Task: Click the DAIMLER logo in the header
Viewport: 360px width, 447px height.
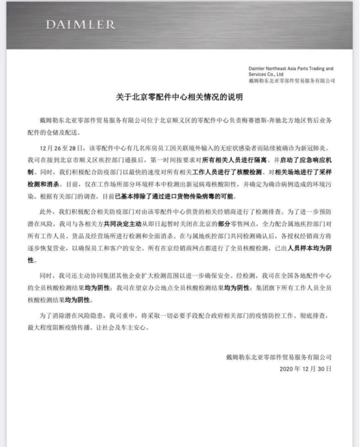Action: pos(80,25)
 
